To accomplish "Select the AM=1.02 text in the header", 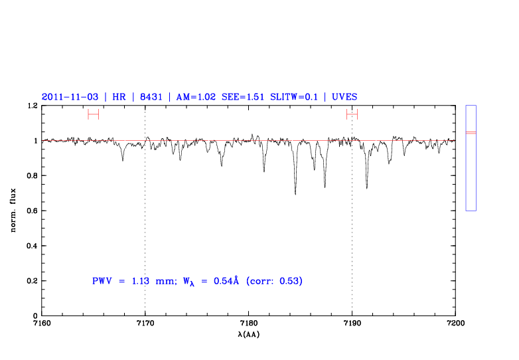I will pyautogui.click(x=196, y=96).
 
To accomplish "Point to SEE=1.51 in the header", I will pyautogui.click(x=244, y=96).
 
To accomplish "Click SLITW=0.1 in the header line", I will pyautogui.click(x=293, y=96).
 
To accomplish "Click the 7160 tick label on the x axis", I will pyautogui.click(x=42, y=323).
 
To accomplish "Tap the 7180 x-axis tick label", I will pyautogui.click(x=248, y=323).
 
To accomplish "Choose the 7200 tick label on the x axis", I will pyautogui.click(x=455, y=323).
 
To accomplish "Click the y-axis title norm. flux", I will pyautogui.click(x=14, y=211).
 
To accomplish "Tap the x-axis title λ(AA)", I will pyautogui.click(x=248, y=333).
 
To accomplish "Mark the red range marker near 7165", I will pyautogui.click(x=93, y=114).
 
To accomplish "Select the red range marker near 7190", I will pyautogui.click(x=352, y=114).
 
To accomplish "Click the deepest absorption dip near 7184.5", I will pyautogui.click(x=295, y=193).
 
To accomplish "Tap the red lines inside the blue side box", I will pyautogui.click(x=471, y=133).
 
